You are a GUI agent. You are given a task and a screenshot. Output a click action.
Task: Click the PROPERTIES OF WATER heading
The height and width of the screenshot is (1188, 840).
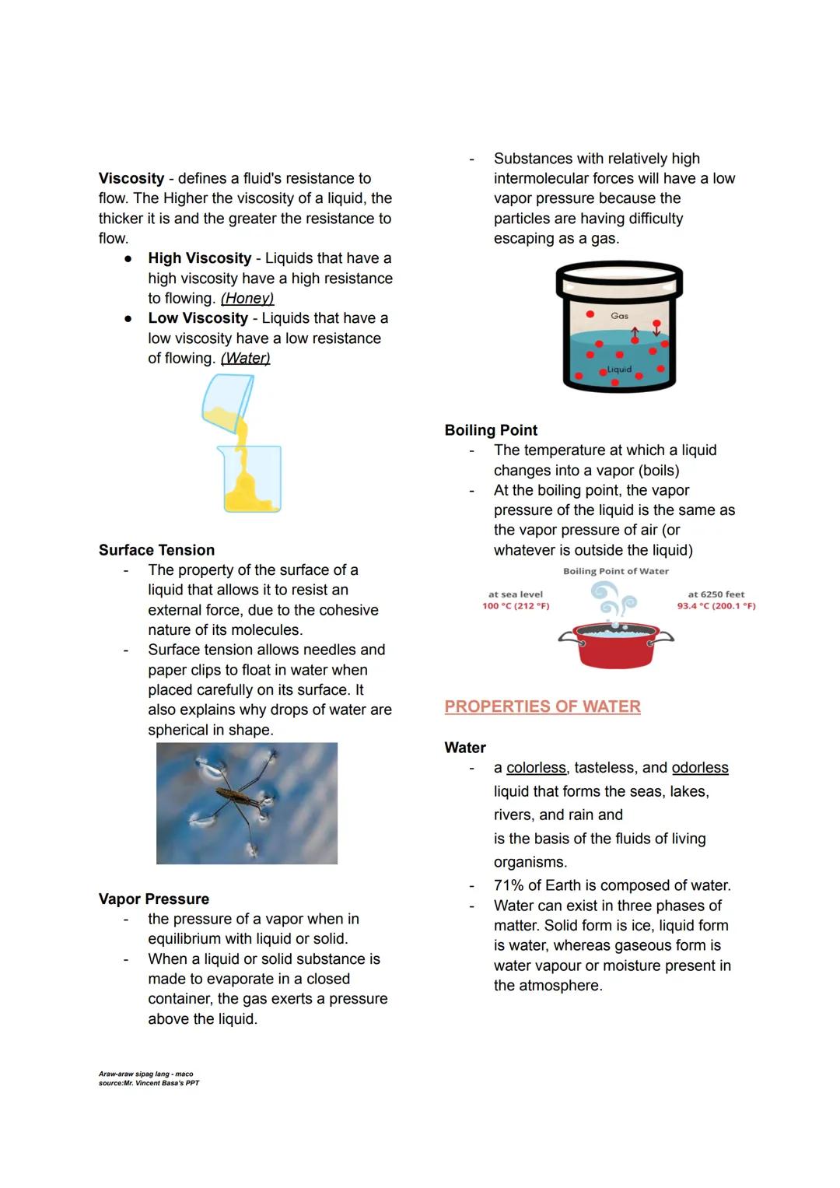[542, 706]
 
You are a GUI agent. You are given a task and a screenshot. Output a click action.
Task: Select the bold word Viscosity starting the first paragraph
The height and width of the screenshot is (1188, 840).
[131, 178]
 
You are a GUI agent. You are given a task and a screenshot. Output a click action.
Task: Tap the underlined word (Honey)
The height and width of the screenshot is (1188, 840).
[247, 298]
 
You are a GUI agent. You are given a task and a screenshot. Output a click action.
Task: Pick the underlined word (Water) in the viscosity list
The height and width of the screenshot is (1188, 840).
[245, 358]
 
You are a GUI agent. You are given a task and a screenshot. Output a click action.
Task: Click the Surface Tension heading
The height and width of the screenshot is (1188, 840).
[156, 550]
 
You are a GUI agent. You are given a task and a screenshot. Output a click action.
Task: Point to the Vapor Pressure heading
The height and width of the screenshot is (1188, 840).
[154, 899]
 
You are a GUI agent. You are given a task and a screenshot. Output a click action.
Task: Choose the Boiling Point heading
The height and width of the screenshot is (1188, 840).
[491, 430]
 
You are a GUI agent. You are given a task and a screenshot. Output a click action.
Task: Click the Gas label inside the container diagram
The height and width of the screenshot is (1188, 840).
[619, 316]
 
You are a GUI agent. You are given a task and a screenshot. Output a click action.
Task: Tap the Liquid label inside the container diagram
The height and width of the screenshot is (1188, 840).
[619, 370]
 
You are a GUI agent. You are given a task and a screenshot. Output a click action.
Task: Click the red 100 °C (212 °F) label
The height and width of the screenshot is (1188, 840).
[516, 606]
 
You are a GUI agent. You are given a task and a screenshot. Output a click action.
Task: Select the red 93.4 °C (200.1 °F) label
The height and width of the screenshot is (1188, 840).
[716, 606]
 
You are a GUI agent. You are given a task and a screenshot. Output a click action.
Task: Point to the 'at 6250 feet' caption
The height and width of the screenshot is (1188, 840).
[716, 594]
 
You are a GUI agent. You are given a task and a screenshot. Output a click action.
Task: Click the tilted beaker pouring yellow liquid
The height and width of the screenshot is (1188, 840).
[227, 401]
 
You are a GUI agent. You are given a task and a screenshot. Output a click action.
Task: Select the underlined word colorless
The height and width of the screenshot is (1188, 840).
[536, 768]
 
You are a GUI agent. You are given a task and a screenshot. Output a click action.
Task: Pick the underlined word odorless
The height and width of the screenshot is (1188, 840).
[700, 768]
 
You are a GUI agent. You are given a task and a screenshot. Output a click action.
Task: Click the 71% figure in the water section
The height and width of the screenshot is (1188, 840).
[509, 885]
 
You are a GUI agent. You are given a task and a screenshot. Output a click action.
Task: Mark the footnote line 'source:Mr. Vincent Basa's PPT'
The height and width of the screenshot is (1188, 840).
[149, 1083]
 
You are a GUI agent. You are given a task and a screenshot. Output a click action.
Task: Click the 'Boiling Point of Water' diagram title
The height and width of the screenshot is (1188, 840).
[615, 571]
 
